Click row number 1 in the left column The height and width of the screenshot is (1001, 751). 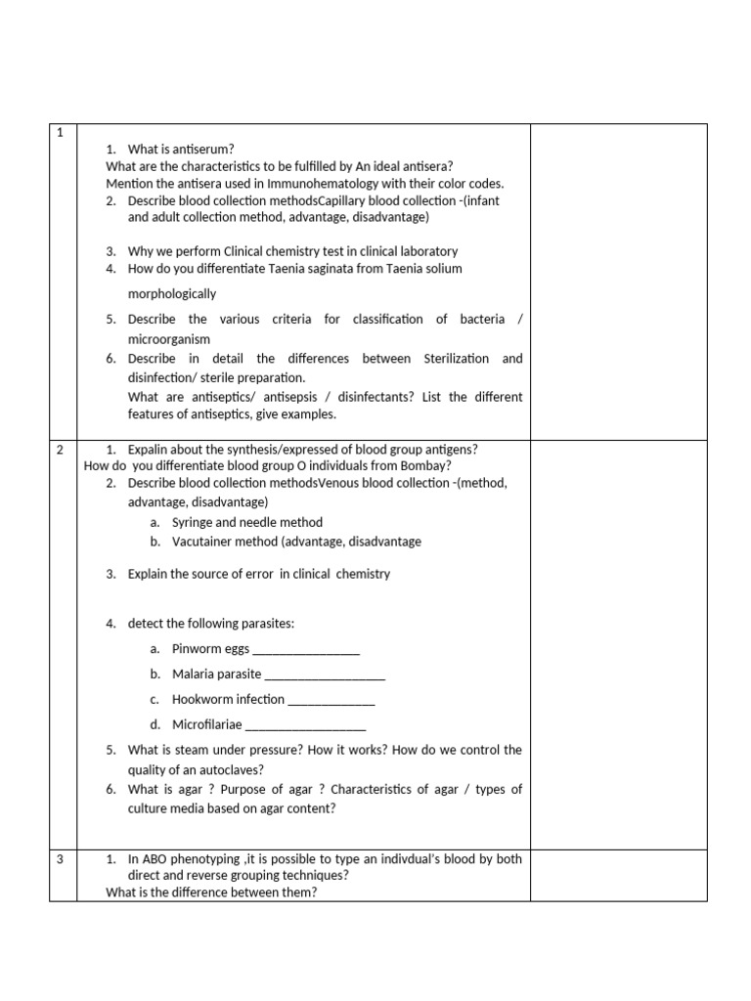tap(60, 133)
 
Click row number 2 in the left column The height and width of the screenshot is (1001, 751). tap(60, 450)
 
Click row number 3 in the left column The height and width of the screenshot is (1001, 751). tap(60, 859)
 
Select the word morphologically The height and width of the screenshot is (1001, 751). tap(172, 293)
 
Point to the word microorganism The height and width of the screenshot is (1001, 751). tap(168, 339)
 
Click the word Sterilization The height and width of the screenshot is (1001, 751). tap(460, 359)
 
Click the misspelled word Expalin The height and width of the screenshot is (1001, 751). tap(150, 450)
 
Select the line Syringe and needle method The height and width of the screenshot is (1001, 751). tap(246, 523)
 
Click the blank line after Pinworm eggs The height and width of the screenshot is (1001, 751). tap(306, 649)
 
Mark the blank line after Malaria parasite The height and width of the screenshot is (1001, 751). tap(325, 675)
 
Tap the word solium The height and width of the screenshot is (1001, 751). tap(443, 268)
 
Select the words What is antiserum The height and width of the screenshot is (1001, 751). tap(181, 149)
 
